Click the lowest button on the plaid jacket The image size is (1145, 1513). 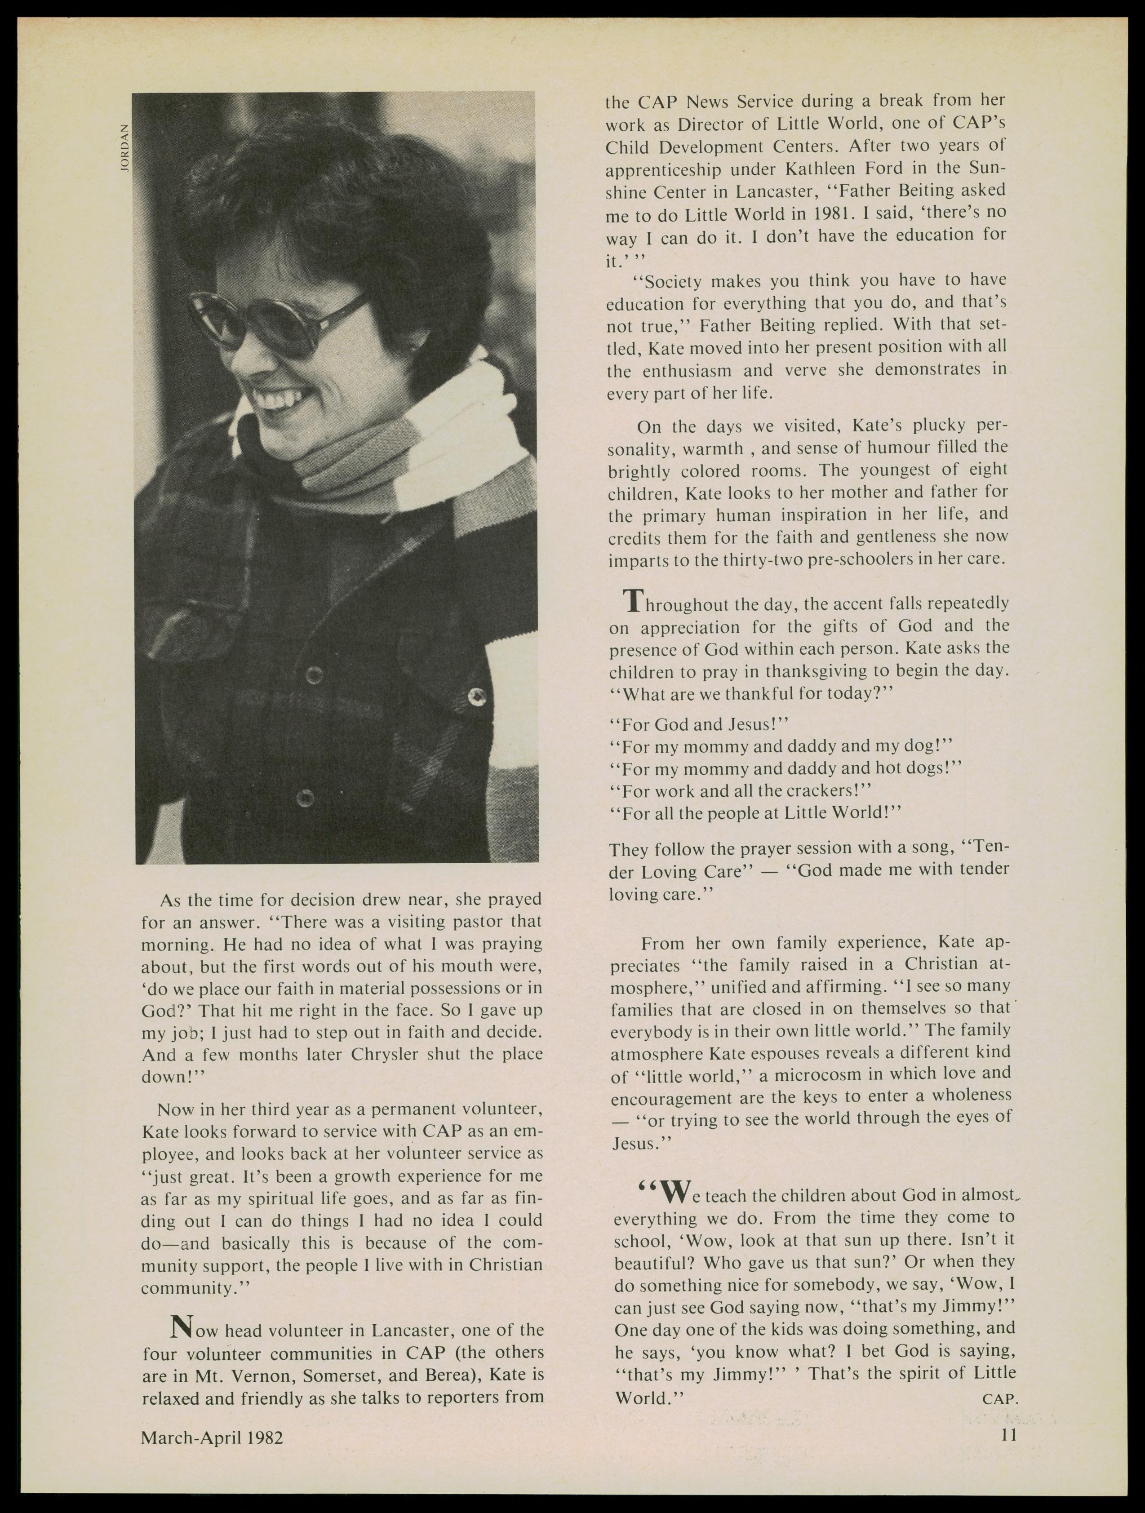pos(304,798)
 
